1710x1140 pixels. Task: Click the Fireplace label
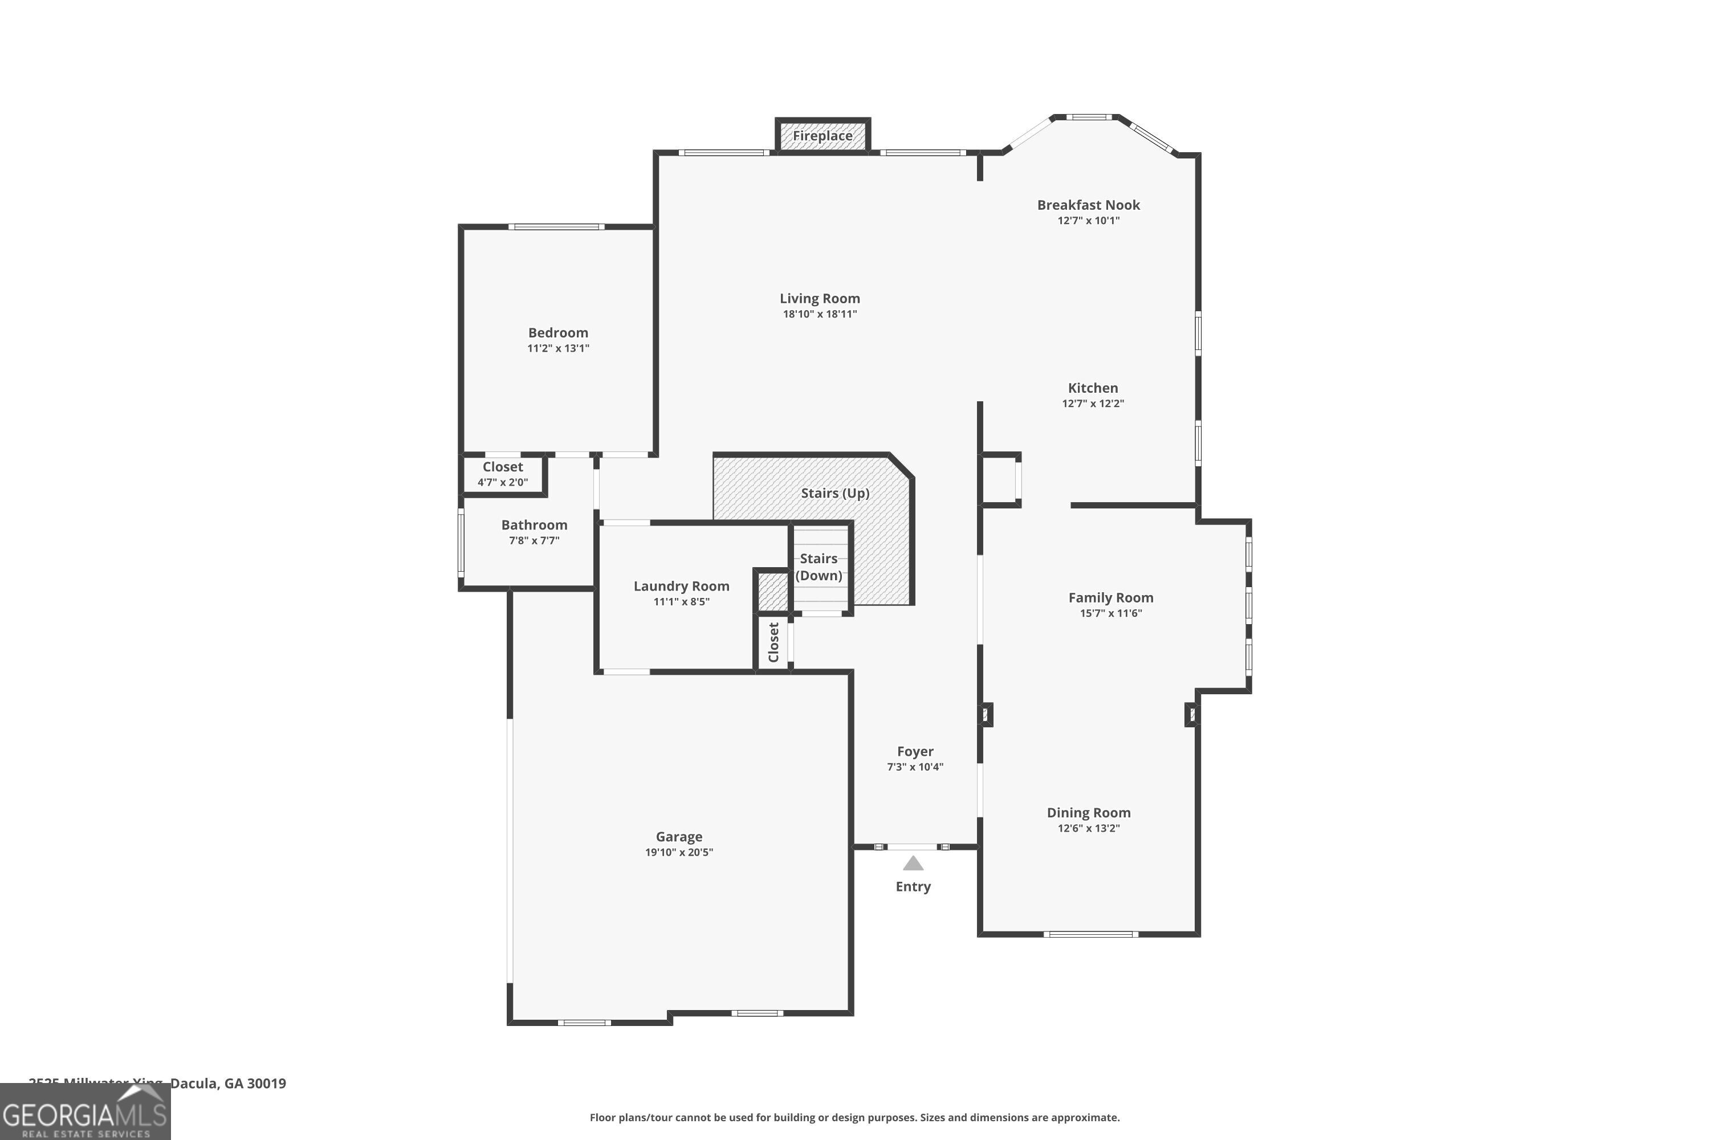point(823,136)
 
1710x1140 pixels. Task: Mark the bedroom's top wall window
point(556,227)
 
